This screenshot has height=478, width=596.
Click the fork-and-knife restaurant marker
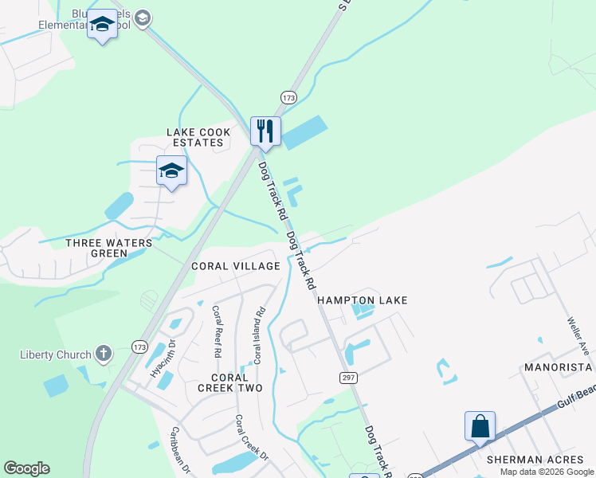[x=265, y=131]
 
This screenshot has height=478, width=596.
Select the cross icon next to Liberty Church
[x=103, y=353]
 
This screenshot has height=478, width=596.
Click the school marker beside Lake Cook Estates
[x=171, y=170]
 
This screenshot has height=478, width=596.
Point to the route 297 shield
[x=347, y=376]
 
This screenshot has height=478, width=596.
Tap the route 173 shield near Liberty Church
[x=141, y=347]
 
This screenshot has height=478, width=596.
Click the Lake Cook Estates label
[x=198, y=137]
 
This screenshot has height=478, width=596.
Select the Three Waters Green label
[x=96, y=248]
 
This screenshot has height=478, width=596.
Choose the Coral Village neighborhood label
[x=235, y=266]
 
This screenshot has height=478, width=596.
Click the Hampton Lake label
[x=363, y=300]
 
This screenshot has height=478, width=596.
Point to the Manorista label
[x=558, y=367]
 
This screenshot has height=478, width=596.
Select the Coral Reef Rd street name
[x=216, y=331]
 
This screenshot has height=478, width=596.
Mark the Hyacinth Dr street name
[x=160, y=356]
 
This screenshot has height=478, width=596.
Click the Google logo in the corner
[x=26, y=468]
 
